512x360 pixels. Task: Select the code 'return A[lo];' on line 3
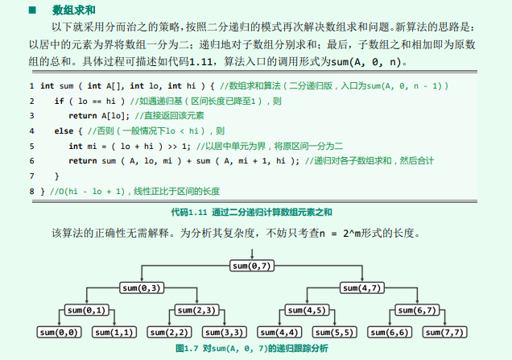pyautogui.click(x=95, y=115)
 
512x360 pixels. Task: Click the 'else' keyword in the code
pyautogui.click(x=63, y=130)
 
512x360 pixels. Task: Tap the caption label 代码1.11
pyautogui.click(x=190, y=211)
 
